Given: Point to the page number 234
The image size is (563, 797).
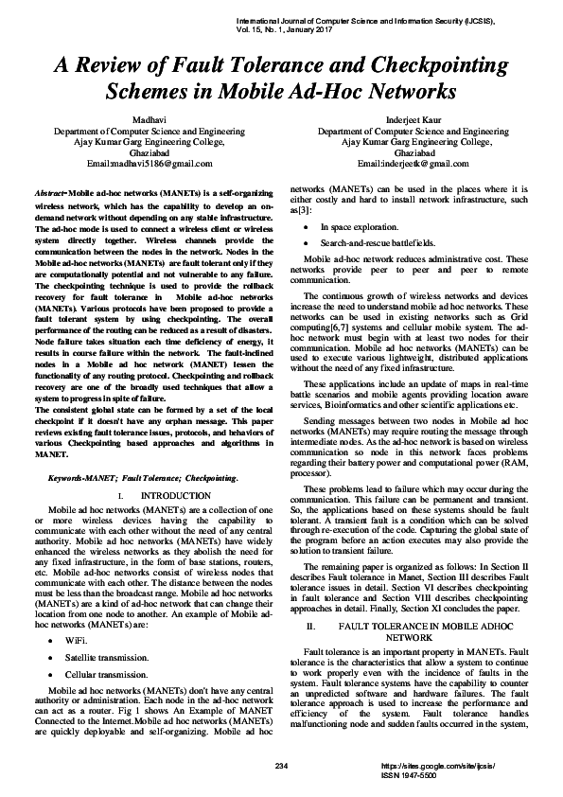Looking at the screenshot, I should (x=280, y=763).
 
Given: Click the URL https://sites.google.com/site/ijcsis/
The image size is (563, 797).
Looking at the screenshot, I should (x=437, y=763).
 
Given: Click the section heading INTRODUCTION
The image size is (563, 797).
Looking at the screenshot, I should (x=168, y=496).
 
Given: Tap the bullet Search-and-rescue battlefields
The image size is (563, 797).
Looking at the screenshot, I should (x=377, y=243).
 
